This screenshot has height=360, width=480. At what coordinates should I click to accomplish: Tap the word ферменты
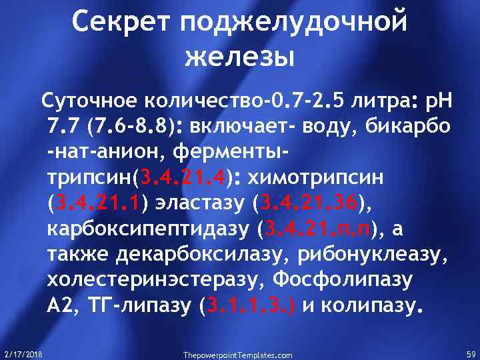tap(229, 153)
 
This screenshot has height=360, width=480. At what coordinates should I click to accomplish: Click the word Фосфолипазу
tap(347, 281)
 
